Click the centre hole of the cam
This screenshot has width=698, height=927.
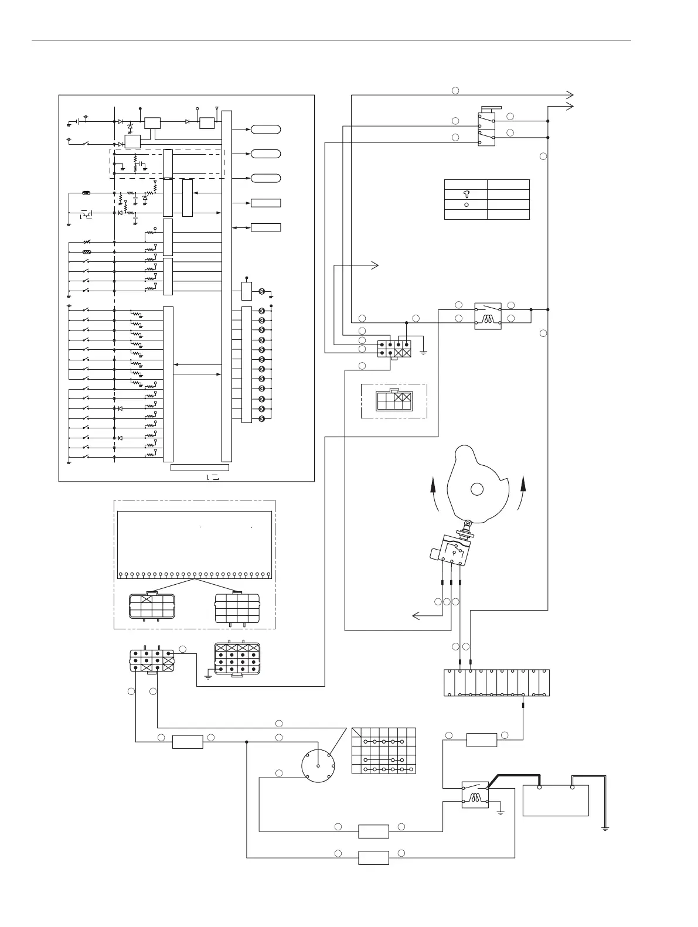coord(476,488)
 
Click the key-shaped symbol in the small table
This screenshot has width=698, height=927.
coord(466,195)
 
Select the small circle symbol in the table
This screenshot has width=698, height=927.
coord(466,205)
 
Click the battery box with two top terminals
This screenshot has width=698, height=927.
coord(555,799)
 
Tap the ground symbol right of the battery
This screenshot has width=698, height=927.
coord(605,829)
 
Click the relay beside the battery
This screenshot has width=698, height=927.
coord(475,795)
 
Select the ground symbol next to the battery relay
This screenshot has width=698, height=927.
coord(500,813)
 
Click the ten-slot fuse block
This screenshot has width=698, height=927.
coord(497,683)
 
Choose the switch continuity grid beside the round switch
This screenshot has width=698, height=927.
coord(384,751)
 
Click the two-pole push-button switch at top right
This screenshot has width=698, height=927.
coord(486,128)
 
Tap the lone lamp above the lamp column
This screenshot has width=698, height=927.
coord(262,291)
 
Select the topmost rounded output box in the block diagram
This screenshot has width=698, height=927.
coord(265,129)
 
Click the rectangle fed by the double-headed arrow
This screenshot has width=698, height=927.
coord(265,227)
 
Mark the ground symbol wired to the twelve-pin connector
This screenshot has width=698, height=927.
coord(207,676)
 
